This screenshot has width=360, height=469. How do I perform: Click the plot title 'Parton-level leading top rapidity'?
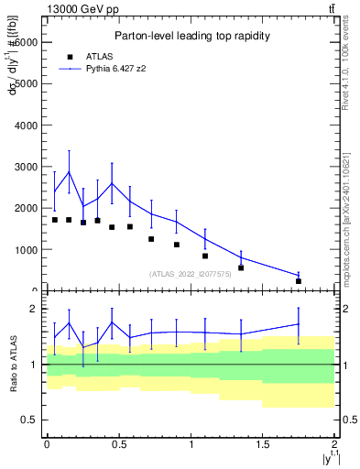(x=191, y=36)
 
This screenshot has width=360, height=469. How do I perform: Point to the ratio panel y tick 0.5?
(x=27, y=420)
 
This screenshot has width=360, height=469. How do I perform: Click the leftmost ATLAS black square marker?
(x=55, y=220)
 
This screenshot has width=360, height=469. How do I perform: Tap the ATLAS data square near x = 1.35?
(x=241, y=267)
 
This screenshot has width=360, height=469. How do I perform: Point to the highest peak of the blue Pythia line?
(x=69, y=171)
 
